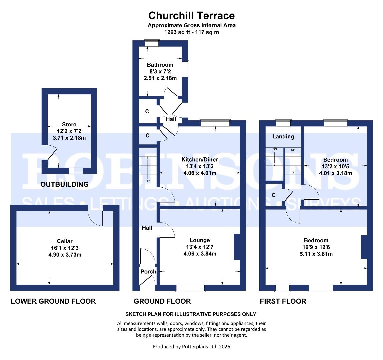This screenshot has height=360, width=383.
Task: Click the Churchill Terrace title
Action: pyautogui.click(x=191, y=15)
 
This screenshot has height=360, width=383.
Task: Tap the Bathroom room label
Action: pyautogui.click(x=160, y=65)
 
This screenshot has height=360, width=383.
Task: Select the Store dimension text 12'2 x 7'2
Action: pyautogui.click(x=69, y=131)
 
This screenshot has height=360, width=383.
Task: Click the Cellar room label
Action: pyautogui.click(x=65, y=241)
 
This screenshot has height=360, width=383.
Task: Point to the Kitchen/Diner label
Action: pyautogui.click(x=200, y=160)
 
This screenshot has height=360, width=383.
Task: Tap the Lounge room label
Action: pyautogui.click(x=200, y=240)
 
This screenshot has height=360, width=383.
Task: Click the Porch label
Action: pyautogui.click(x=148, y=271)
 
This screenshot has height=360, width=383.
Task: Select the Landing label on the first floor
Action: pyautogui.click(x=283, y=136)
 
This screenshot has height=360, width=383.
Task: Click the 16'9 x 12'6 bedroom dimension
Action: pyautogui.click(x=316, y=247)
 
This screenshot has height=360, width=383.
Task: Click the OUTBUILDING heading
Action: pyautogui.click(x=65, y=184)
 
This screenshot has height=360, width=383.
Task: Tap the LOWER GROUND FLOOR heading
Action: pyautogui.click(x=53, y=301)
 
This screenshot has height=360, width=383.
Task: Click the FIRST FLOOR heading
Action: pyautogui.click(x=283, y=301)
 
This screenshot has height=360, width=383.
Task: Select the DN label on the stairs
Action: pyautogui.click(x=275, y=149)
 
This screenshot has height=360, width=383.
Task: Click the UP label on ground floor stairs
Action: pyautogui.click(x=147, y=181)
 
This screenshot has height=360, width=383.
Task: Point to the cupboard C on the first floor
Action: pyautogui.click(x=274, y=195)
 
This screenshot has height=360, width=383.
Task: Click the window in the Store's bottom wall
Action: pyautogui.click(x=76, y=171)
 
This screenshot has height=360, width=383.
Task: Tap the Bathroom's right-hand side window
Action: pyautogui.click(x=187, y=69)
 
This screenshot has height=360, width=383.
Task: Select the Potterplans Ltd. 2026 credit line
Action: pyautogui.click(x=191, y=347)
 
